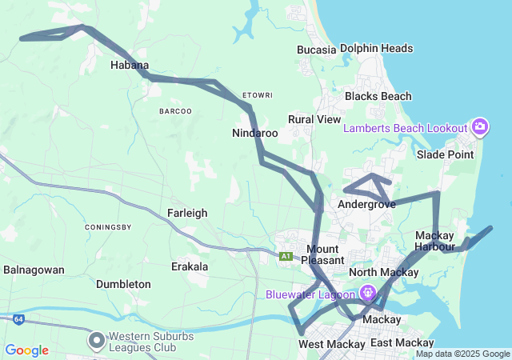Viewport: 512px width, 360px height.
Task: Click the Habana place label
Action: pos(130,65)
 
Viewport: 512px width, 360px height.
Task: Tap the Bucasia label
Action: pos(316,49)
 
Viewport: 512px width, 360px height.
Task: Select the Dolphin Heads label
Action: pos(376,48)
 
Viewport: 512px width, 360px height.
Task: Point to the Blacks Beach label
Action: pos(378,96)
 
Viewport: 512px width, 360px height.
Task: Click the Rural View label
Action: pos(314,119)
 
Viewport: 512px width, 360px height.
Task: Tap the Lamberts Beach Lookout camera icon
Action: pos(480,126)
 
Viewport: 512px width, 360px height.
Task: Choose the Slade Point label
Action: pos(445,154)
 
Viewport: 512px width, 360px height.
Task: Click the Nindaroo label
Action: pos(255,133)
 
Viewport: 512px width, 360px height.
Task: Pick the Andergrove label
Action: pos(367,204)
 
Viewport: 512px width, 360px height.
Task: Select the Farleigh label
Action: pos(187,213)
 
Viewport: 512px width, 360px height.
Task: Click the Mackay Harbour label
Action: pos(434,241)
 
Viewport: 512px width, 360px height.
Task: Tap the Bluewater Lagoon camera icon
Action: pos(367,293)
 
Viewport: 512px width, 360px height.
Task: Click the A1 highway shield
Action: pos(286,256)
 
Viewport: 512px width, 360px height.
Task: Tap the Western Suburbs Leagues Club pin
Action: pos(97,342)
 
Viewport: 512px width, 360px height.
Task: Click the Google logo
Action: pos(26,350)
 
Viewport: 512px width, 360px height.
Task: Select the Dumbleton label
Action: pos(123,284)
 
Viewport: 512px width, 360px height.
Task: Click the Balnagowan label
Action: pos(34,270)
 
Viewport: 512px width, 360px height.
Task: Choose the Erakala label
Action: pos(190,266)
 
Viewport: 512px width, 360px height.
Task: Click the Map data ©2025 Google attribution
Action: pos(462,354)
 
